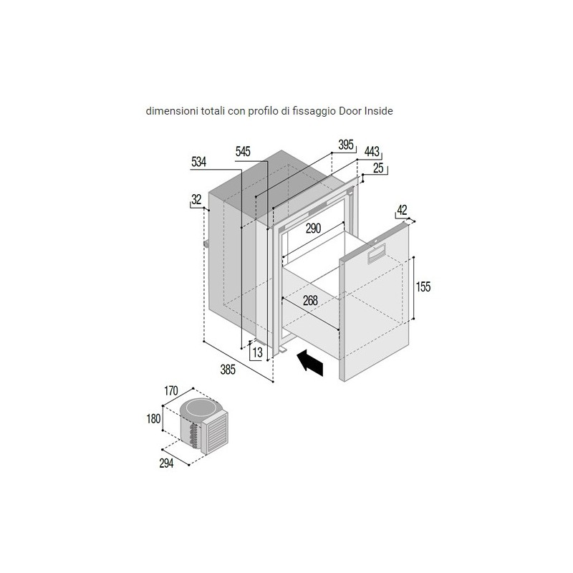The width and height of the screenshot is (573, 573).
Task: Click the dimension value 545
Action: click(x=243, y=151)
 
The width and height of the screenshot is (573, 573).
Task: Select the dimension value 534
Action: click(x=198, y=162)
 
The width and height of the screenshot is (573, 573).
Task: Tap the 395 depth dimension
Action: click(x=346, y=145)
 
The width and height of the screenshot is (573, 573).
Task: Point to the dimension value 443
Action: click(x=372, y=151)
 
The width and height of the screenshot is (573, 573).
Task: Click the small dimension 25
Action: click(x=378, y=168)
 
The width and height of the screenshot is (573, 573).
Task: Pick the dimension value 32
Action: click(x=196, y=200)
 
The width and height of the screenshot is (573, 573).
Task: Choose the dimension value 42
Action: click(x=402, y=210)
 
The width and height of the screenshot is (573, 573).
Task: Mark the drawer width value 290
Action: click(x=313, y=228)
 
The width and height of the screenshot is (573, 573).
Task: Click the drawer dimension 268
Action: click(x=310, y=300)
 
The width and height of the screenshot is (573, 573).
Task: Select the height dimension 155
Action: click(x=423, y=287)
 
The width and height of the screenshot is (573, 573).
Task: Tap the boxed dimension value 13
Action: click(x=258, y=352)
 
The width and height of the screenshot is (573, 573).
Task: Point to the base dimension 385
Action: click(x=228, y=370)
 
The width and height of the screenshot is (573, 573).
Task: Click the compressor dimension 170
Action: click(x=170, y=390)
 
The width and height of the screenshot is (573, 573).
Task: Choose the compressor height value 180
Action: click(x=153, y=418)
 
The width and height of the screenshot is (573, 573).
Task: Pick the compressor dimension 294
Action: click(x=166, y=463)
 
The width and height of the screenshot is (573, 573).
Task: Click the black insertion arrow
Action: click(x=311, y=362)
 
